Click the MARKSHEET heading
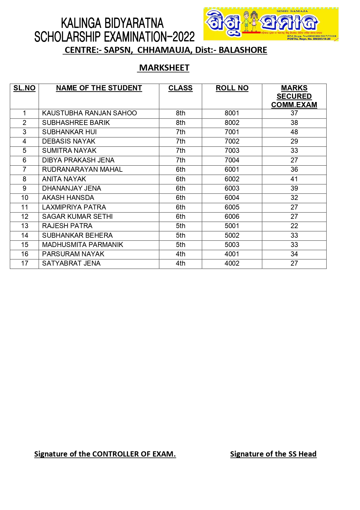tap(164, 68)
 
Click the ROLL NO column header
tap(232, 88)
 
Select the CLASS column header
tap(180, 88)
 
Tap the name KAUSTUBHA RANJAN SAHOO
tap(89, 113)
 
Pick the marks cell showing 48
tap(294, 132)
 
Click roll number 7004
tap(232, 160)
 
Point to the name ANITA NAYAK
tap(64, 179)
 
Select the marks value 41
tap(294, 179)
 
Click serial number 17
tap(25, 263)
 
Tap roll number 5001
tap(232, 226)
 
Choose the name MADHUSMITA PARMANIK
tap(83, 245)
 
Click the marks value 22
tap(294, 226)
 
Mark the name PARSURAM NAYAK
tap(73, 254)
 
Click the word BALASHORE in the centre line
tap(243, 50)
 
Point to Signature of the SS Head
tap(273, 454)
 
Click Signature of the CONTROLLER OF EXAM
tap(105, 454)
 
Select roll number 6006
tap(232, 216)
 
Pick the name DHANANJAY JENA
tap(72, 188)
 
